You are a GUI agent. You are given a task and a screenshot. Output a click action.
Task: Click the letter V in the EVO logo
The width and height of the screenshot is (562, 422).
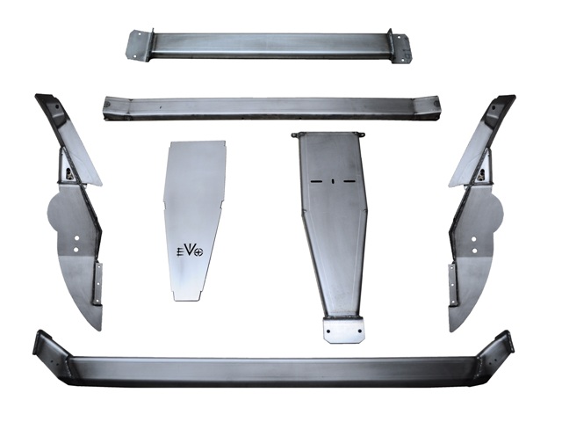189,250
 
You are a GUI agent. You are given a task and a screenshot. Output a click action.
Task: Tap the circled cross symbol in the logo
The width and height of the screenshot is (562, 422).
198,252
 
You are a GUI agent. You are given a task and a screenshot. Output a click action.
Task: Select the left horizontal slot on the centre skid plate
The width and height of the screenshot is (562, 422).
316,181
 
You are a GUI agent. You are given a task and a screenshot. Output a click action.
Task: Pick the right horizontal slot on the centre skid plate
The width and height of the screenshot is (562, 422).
349,181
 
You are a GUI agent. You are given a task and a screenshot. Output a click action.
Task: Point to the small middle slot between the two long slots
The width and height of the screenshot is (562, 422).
333,181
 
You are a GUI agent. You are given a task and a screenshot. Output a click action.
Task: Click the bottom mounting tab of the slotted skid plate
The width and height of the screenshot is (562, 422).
343,330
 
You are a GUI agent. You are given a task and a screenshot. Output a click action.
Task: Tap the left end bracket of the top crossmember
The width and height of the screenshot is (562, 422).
139,46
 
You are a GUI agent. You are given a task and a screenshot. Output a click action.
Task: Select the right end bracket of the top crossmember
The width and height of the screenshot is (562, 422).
400,47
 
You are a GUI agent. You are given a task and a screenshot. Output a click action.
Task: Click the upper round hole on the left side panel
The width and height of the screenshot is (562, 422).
76,238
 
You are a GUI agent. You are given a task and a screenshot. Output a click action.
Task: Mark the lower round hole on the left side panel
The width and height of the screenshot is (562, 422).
76,249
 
